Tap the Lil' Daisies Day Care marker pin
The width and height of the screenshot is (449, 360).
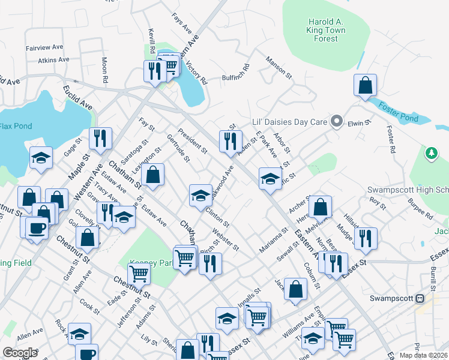337,122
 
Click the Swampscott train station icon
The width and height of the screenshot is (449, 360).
420,298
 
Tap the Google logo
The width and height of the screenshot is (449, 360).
20,352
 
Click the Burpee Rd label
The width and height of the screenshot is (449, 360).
420,208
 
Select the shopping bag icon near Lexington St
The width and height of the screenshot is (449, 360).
154,175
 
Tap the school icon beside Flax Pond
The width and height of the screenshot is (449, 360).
41,158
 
